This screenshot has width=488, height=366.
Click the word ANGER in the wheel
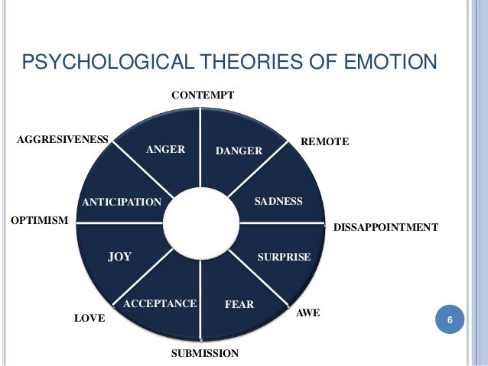[166, 150]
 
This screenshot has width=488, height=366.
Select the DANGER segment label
[239, 151]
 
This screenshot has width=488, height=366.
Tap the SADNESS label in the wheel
[278, 201]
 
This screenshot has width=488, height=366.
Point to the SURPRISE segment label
[284, 257]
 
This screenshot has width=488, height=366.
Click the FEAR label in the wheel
[239, 305]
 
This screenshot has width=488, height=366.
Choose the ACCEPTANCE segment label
[160, 304]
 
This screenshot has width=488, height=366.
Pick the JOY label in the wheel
[119, 257]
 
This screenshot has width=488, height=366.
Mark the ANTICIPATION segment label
[122, 202]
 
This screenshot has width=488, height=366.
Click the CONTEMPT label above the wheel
[202, 96]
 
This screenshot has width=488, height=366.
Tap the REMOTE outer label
[325, 142]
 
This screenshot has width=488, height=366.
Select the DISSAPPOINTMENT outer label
[386, 227]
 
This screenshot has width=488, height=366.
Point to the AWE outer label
[307, 313]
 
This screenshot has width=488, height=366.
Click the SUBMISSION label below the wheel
[204, 353]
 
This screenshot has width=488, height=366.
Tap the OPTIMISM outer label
[39, 220]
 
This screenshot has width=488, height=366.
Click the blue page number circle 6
[450, 319]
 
